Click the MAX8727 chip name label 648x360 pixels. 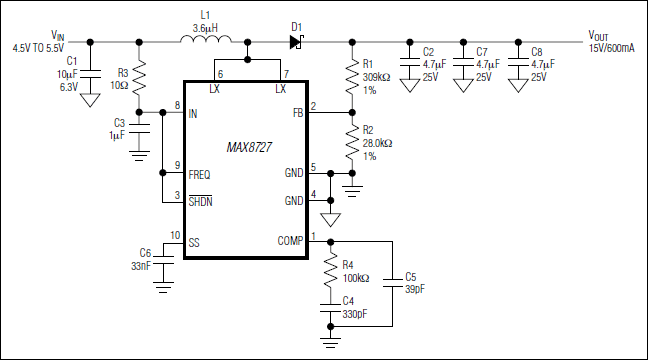(249, 147)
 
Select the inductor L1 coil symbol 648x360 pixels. (206, 39)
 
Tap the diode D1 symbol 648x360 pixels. (296, 42)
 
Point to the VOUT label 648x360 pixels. (598, 36)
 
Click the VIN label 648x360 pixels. (57, 35)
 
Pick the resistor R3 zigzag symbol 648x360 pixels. (139, 77)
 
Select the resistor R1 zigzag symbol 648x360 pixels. (352, 77)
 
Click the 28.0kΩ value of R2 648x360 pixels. (377, 143)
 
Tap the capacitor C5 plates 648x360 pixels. (393, 283)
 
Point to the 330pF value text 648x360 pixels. (355, 314)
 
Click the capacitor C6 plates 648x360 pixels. (163, 260)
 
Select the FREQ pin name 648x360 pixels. (199, 175)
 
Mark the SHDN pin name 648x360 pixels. (200, 201)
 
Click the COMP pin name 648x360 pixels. (290, 241)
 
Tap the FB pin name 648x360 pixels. (298, 113)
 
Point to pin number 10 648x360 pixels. (175, 235)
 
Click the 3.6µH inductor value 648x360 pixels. (205, 29)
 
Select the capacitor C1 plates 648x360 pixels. (90, 74)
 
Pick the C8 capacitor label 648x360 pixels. (536, 52)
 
